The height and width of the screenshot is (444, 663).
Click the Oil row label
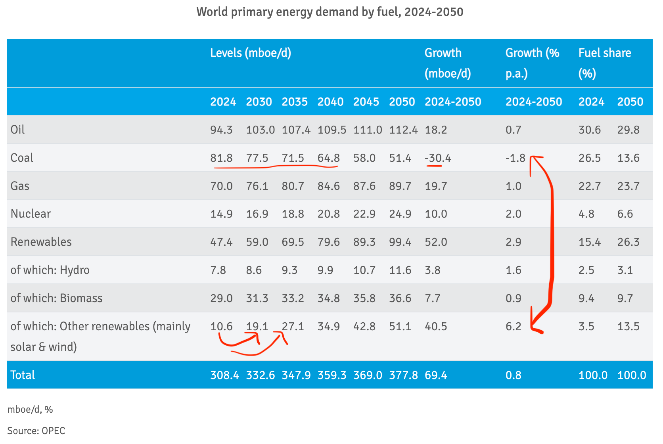pyautogui.click(x=17, y=130)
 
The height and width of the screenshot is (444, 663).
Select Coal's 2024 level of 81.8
pyautogui.click(x=221, y=158)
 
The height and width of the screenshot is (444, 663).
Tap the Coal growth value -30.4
pyautogui.click(x=438, y=158)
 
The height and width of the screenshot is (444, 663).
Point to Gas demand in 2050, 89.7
pyautogui.click(x=400, y=186)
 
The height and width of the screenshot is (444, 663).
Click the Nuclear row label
pyautogui.click(x=31, y=214)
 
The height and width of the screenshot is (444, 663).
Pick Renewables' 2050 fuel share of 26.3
pyautogui.click(x=628, y=242)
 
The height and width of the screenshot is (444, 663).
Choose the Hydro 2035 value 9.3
pyautogui.click(x=289, y=270)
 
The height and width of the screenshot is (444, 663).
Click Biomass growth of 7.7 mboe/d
pyautogui.click(x=432, y=298)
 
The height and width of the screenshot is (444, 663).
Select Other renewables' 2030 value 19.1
pyautogui.click(x=257, y=326)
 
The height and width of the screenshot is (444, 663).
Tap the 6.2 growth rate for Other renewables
pyautogui.click(x=513, y=326)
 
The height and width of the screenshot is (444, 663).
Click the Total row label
pyautogui.click(x=23, y=375)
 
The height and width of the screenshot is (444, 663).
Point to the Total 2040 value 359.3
pyautogui.click(x=331, y=375)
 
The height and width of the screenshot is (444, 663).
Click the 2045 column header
pyautogui.click(x=366, y=102)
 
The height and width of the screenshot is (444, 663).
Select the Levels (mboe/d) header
pyautogui.click(x=251, y=53)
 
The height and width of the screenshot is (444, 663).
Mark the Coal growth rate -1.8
pyautogui.click(x=515, y=158)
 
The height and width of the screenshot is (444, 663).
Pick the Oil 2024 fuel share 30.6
pyautogui.click(x=589, y=130)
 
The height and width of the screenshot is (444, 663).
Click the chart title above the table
pyautogui.click(x=330, y=12)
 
